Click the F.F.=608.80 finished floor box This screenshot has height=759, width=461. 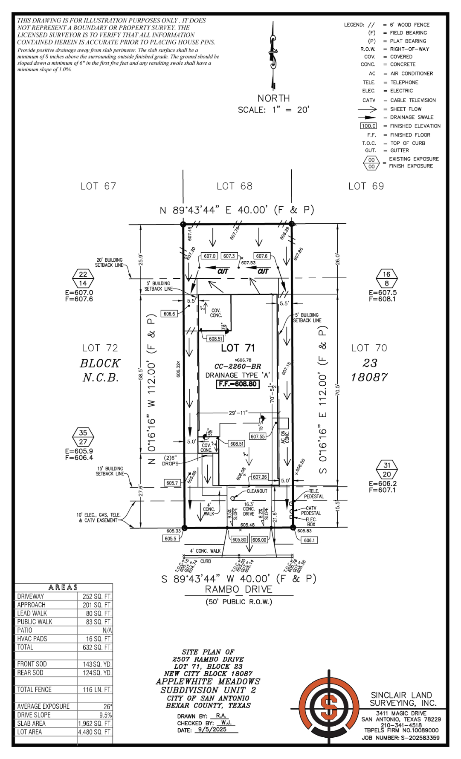point(238,384)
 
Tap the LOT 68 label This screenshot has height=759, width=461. point(234,186)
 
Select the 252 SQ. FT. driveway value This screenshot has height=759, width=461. point(97,596)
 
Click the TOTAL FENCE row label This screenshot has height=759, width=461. point(34,690)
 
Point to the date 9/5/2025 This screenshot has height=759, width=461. point(212,729)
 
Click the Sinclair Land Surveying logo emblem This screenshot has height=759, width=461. point(329,707)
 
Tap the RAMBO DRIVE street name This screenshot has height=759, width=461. point(238,589)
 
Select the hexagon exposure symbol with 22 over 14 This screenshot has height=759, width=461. point(83,279)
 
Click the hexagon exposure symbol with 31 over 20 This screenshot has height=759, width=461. point(387,470)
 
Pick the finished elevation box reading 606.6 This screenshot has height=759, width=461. point(169,314)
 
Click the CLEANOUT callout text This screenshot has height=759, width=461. point(257,491)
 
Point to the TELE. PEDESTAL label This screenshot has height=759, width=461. point(314,494)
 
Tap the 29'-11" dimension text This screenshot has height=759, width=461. point(238,413)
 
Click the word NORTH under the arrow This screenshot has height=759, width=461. point(273,98)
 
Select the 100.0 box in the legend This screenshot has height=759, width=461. point(368,126)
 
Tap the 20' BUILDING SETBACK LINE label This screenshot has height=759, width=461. point(109,263)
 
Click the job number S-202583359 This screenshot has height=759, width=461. point(420,738)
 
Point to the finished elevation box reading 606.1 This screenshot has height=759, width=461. point(309,540)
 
